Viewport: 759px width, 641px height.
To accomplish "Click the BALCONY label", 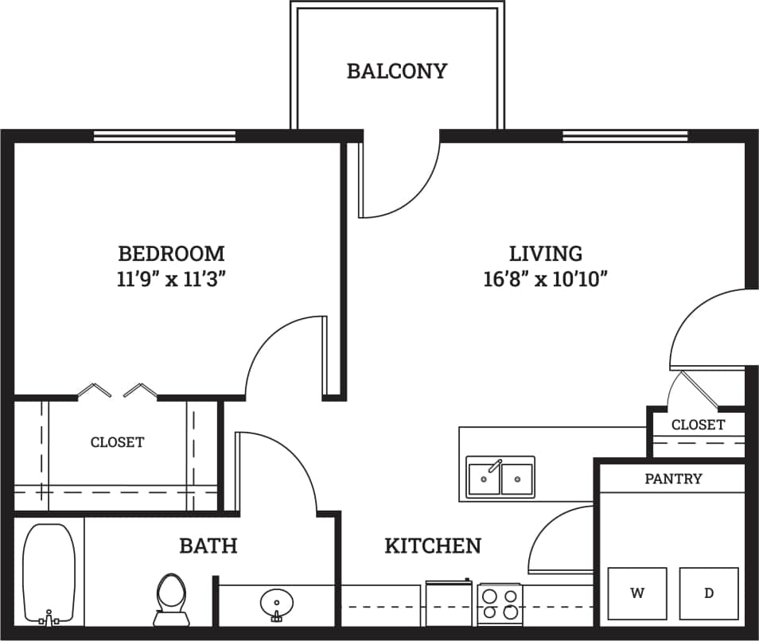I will pos(396,71).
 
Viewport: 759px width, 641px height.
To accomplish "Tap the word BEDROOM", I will pos(171,254).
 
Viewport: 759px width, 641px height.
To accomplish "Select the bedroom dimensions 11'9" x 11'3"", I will pos(171,278).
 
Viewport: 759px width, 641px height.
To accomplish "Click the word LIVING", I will pos(546,254).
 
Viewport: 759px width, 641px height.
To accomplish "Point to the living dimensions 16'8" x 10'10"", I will pos(546,278).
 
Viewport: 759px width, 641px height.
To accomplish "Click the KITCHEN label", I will pos(433,546).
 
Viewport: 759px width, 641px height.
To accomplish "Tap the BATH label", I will pos(208,546).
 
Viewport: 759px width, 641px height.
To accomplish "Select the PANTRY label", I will pos(673,479).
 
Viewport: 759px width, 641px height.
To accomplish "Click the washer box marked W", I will pos(637,592).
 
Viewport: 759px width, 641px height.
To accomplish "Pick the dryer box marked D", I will pos(708,592).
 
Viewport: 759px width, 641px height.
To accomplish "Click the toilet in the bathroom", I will pos(169,597).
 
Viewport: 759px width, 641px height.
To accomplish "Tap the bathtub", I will pos(49,573).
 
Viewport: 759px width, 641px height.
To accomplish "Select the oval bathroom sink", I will pos(276,605).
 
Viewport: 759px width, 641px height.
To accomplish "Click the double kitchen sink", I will pos(500,478).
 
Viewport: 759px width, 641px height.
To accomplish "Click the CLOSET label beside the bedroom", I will pos(117,442).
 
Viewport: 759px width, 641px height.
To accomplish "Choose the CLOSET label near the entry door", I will pos(698,425).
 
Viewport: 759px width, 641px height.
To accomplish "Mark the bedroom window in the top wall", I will pos(165,136).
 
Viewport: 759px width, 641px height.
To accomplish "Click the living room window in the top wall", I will pos(625,136).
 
